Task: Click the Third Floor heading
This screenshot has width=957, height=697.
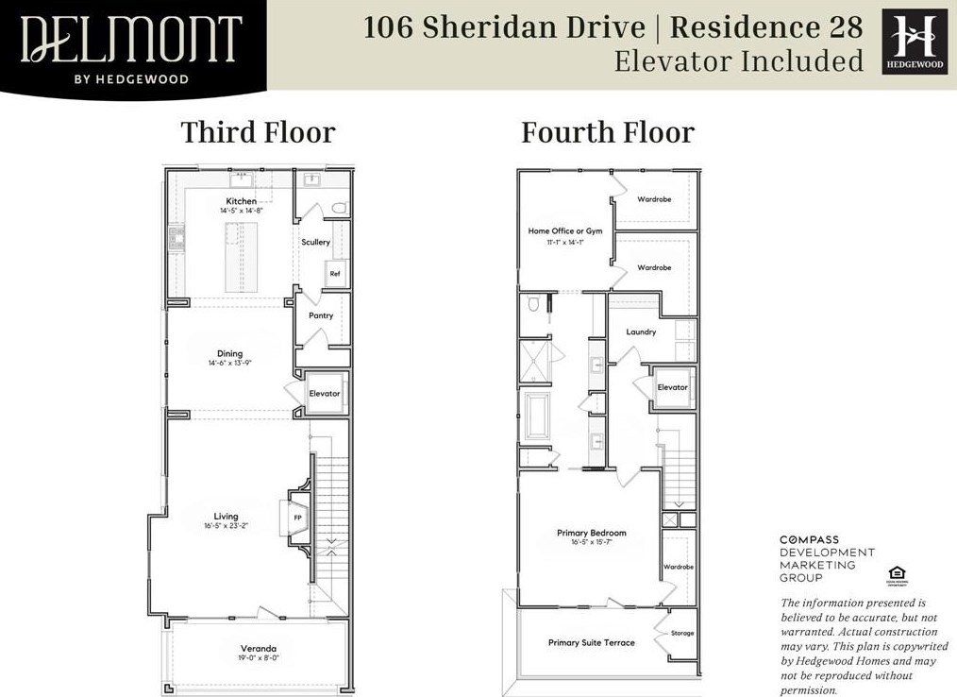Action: pos(258,132)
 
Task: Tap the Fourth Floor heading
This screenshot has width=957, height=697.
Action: pos(608,132)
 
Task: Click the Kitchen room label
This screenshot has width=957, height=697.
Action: pos(241,201)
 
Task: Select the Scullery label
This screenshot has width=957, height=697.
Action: pos(315,243)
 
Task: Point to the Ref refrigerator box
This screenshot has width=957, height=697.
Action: pos(334,274)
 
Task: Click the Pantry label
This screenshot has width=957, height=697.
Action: pos(321,315)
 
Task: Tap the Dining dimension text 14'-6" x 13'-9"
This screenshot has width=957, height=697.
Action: pos(230,363)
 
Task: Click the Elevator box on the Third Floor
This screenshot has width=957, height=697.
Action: pos(324,393)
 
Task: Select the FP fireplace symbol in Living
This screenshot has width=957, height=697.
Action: pos(298,518)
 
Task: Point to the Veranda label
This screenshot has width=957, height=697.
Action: pos(258,649)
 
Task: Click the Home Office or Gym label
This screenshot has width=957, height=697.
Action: pos(564,231)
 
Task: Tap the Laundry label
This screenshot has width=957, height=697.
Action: pos(642,332)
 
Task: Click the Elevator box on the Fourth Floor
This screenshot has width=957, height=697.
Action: pos(672,387)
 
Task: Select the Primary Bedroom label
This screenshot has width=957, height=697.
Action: pos(592,533)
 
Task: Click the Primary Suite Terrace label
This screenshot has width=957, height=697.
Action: pos(592,643)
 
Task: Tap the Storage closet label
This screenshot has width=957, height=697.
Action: pos(681,633)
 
